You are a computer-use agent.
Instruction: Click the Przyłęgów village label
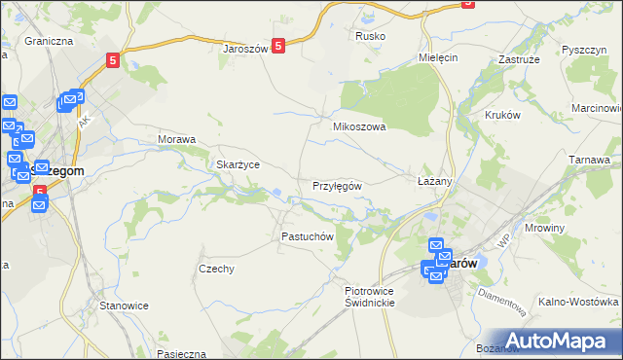click(x=338, y=186)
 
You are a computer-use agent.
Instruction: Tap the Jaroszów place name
click(x=244, y=48)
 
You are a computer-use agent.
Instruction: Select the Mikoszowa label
click(x=359, y=126)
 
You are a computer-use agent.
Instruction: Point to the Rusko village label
click(x=370, y=36)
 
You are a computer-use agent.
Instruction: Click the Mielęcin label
click(x=437, y=57)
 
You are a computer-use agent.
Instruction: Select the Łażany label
click(x=435, y=182)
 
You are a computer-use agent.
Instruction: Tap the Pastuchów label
click(x=308, y=236)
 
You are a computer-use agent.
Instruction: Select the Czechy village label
click(x=216, y=269)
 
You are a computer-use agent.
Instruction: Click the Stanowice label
click(x=124, y=306)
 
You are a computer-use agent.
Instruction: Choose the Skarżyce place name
click(x=238, y=164)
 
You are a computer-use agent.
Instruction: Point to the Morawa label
click(x=177, y=139)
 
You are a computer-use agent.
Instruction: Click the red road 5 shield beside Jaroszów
click(x=278, y=45)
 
